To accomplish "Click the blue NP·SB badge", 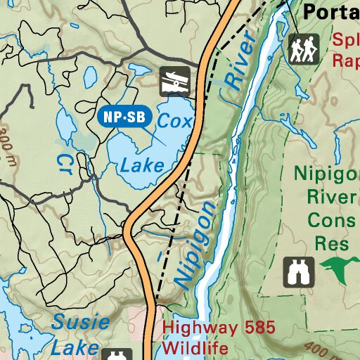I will pos(125,117).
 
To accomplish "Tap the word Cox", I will pos(174,121).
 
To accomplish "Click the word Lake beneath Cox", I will pos(142,166).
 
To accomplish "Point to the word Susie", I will pos(81,323).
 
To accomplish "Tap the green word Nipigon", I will pos(326,172).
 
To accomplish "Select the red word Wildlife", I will pos(196,348).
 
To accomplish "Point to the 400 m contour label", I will pos(318,349).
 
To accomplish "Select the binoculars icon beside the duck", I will pos(298,271).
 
